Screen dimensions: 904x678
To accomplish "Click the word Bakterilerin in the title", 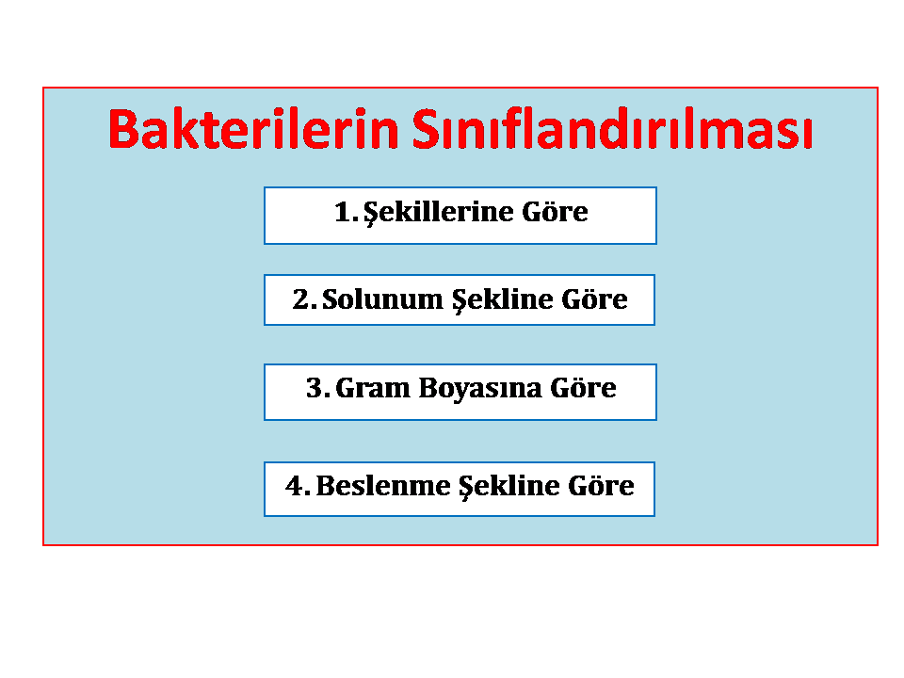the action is tap(253, 129).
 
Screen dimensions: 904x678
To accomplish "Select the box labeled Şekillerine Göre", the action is tap(460, 216).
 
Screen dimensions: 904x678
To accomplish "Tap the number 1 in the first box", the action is tap(343, 212).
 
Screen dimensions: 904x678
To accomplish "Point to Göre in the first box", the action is tap(556, 211).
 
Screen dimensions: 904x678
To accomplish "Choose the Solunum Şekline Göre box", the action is tap(460, 299).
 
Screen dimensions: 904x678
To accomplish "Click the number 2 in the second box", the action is tap(301, 299).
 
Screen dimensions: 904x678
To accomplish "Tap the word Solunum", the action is tap(381, 299).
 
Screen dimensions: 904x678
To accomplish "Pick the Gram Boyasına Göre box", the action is tap(460, 392).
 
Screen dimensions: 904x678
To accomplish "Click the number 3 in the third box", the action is tap(315, 388).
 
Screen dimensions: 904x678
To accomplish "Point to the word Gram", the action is tap(373, 388).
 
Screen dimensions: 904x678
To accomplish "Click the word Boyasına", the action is tap(480, 389).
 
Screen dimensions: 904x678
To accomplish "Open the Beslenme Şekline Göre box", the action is tap(460, 489).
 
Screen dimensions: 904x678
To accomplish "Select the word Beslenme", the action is tap(383, 486).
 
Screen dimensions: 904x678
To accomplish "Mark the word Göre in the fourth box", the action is tap(602, 485).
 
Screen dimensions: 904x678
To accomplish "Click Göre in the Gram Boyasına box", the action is tap(584, 387).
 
